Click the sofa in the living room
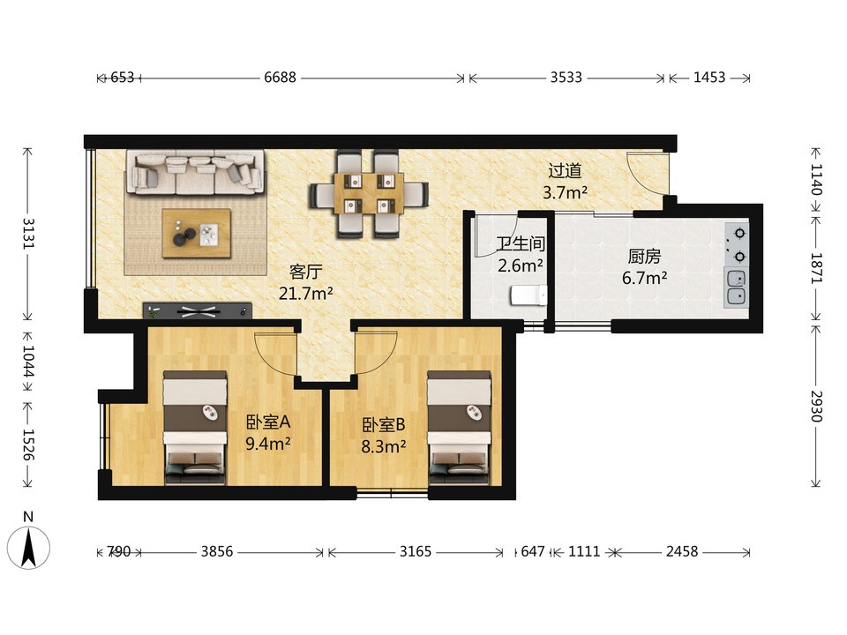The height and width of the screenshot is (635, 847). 196,172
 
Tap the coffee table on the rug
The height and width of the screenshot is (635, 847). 197,233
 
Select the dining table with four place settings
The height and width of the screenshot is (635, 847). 369,193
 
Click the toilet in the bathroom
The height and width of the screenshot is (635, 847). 528,295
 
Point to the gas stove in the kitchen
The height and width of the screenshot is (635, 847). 736,244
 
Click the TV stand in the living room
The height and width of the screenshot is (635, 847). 197,310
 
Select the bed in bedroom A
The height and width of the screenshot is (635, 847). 194,427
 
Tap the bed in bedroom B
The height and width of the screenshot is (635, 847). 459,427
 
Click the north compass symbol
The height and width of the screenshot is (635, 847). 28,546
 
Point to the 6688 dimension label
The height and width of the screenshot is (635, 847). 280,78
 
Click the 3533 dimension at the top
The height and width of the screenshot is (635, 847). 566,78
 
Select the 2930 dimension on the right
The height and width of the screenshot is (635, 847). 816,406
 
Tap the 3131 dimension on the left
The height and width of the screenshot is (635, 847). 28,233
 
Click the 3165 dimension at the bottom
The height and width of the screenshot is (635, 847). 416,551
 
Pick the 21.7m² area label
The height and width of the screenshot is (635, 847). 306,293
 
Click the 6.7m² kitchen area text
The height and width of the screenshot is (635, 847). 644,278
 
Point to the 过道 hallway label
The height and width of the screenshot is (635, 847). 565,170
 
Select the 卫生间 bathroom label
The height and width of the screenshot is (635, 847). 521,243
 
